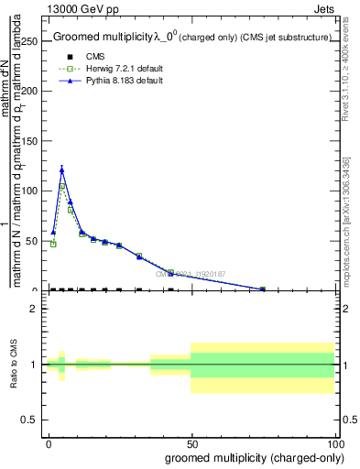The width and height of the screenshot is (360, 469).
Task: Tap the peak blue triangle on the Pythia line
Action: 62,169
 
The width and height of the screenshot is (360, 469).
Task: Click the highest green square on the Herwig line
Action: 62,186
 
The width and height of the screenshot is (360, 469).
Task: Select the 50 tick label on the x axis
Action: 192,443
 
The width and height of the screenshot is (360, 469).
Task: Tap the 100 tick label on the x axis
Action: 335,443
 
